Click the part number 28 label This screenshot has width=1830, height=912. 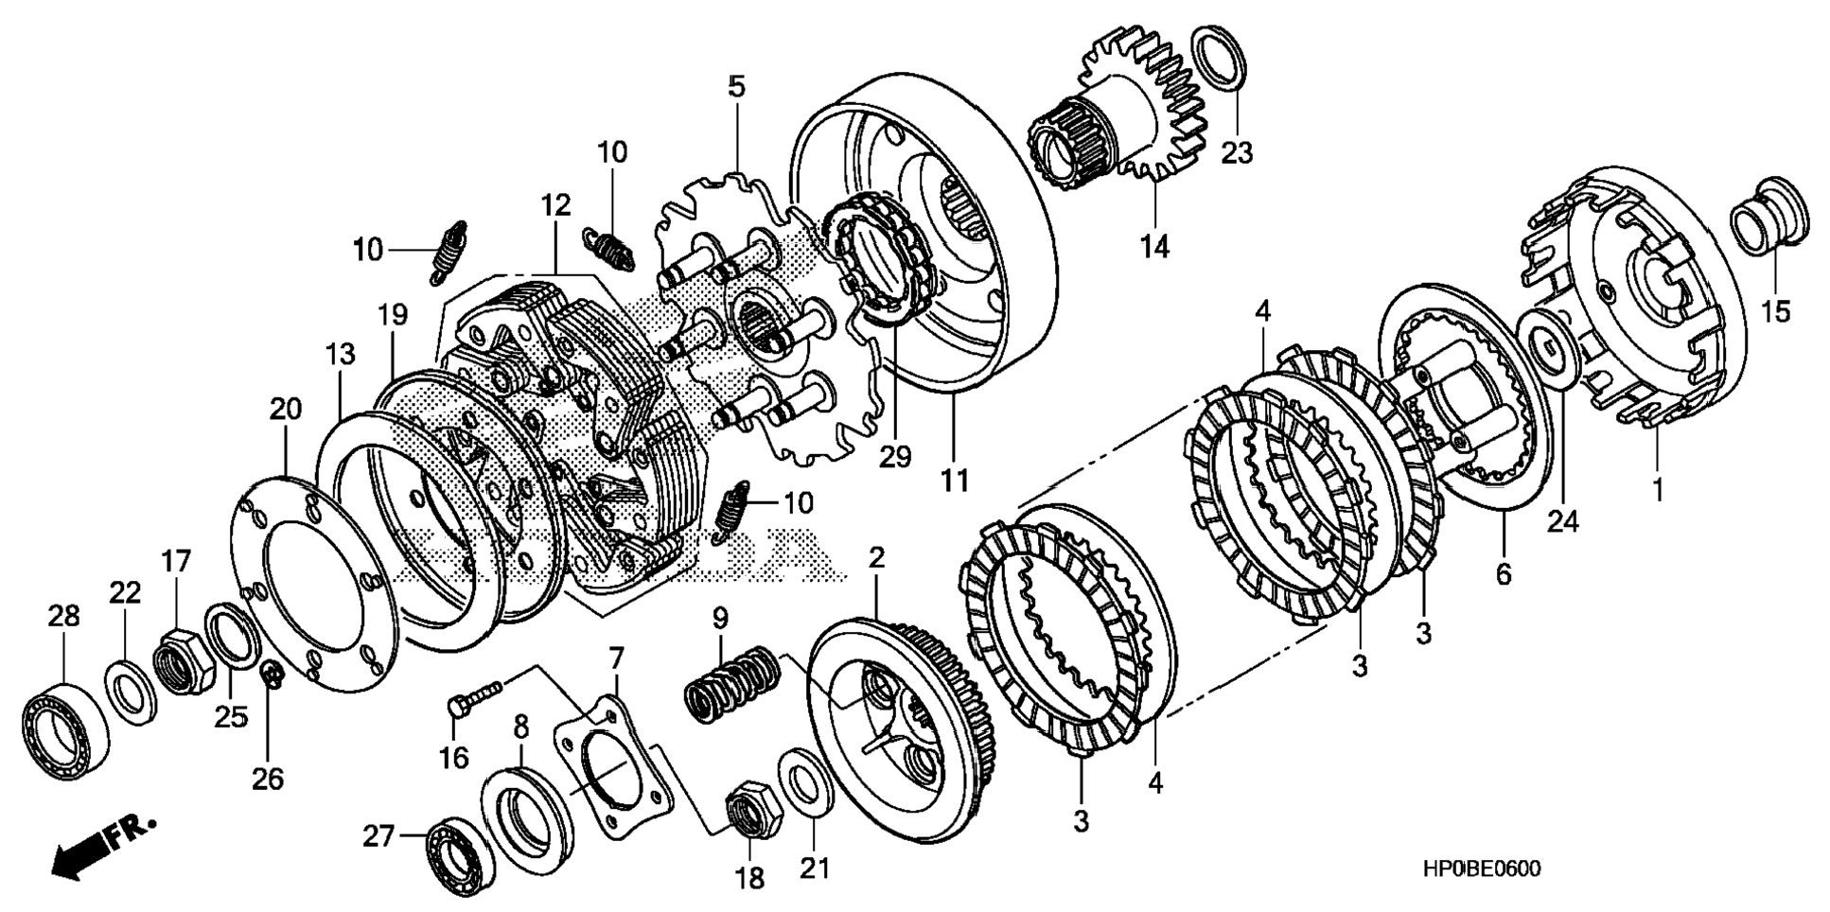63,617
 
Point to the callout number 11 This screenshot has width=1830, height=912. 954,481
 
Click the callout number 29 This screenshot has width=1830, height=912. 894,456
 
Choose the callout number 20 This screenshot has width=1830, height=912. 285,410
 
